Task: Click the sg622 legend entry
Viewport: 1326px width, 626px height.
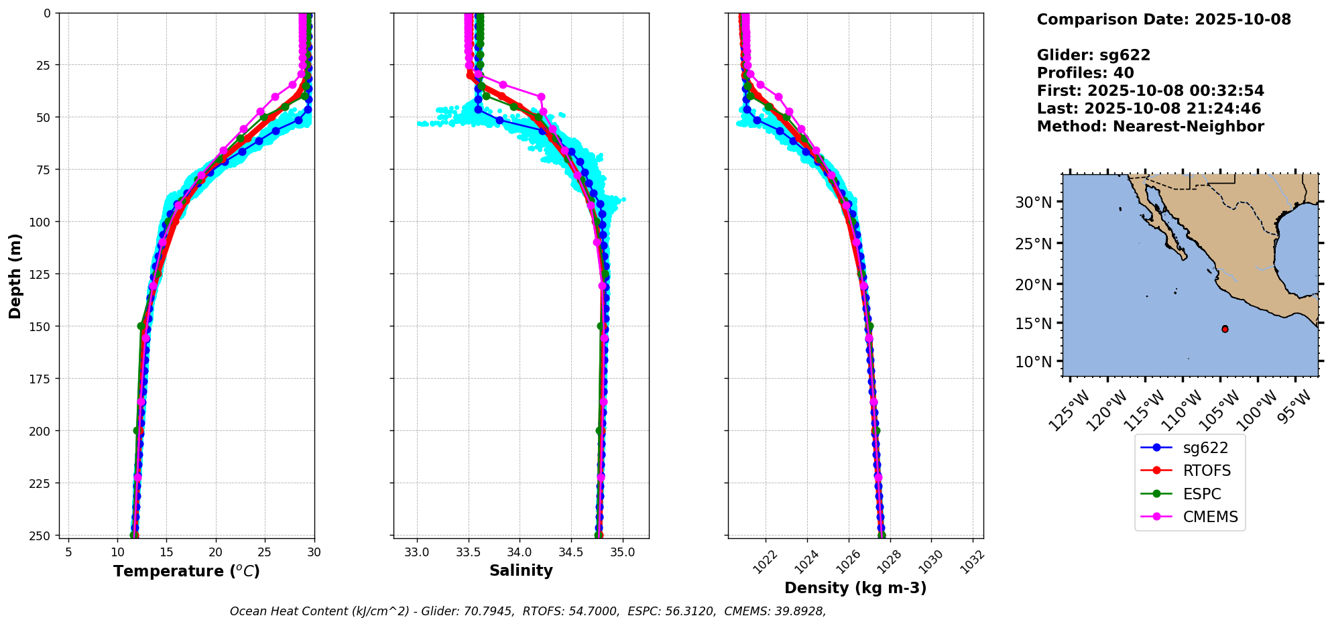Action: pyautogui.click(x=1205, y=448)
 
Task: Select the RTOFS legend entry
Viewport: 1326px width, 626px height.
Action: pyautogui.click(x=1206, y=471)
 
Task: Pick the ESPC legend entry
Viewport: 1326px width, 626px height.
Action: pyautogui.click(x=1201, y=494)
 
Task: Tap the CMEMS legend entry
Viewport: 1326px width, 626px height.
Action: pyautogui.click(x=1209, y=517)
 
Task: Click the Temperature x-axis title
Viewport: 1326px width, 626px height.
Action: pyautogui.click(x=186, y=571)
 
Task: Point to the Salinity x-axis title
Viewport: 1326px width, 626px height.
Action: pyautogui.click(x=521, y=570)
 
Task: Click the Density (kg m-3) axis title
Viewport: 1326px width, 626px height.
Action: pyautogui.click(x=855, y=588)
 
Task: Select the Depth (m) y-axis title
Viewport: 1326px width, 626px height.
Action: pyautogui.click(x=15, y=275)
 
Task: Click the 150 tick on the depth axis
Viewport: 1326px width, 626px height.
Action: pyautogui.click(x=40, y=326)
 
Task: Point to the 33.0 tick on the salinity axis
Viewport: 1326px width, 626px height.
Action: pyautogui.click(x=416, y=553)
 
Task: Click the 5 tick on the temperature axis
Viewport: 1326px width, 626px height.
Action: pyautogui.click(x=68, y=553)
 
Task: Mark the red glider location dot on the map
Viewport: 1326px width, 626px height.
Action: pyautogui.click(x=1225, y=329)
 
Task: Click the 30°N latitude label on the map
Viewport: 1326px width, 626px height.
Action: pyautogui.click(x=1033, y=202)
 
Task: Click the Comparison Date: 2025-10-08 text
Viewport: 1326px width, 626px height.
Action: pyautogui.click(x=1164, y=19)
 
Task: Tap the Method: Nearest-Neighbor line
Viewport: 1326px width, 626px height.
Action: pyautogui.click(x=1150, y=127)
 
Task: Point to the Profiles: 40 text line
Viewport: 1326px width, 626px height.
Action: pyautogui.click(x=1085, y=73)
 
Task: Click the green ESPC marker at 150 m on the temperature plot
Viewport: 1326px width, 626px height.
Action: pyautogui.click(x=141, y=326)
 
